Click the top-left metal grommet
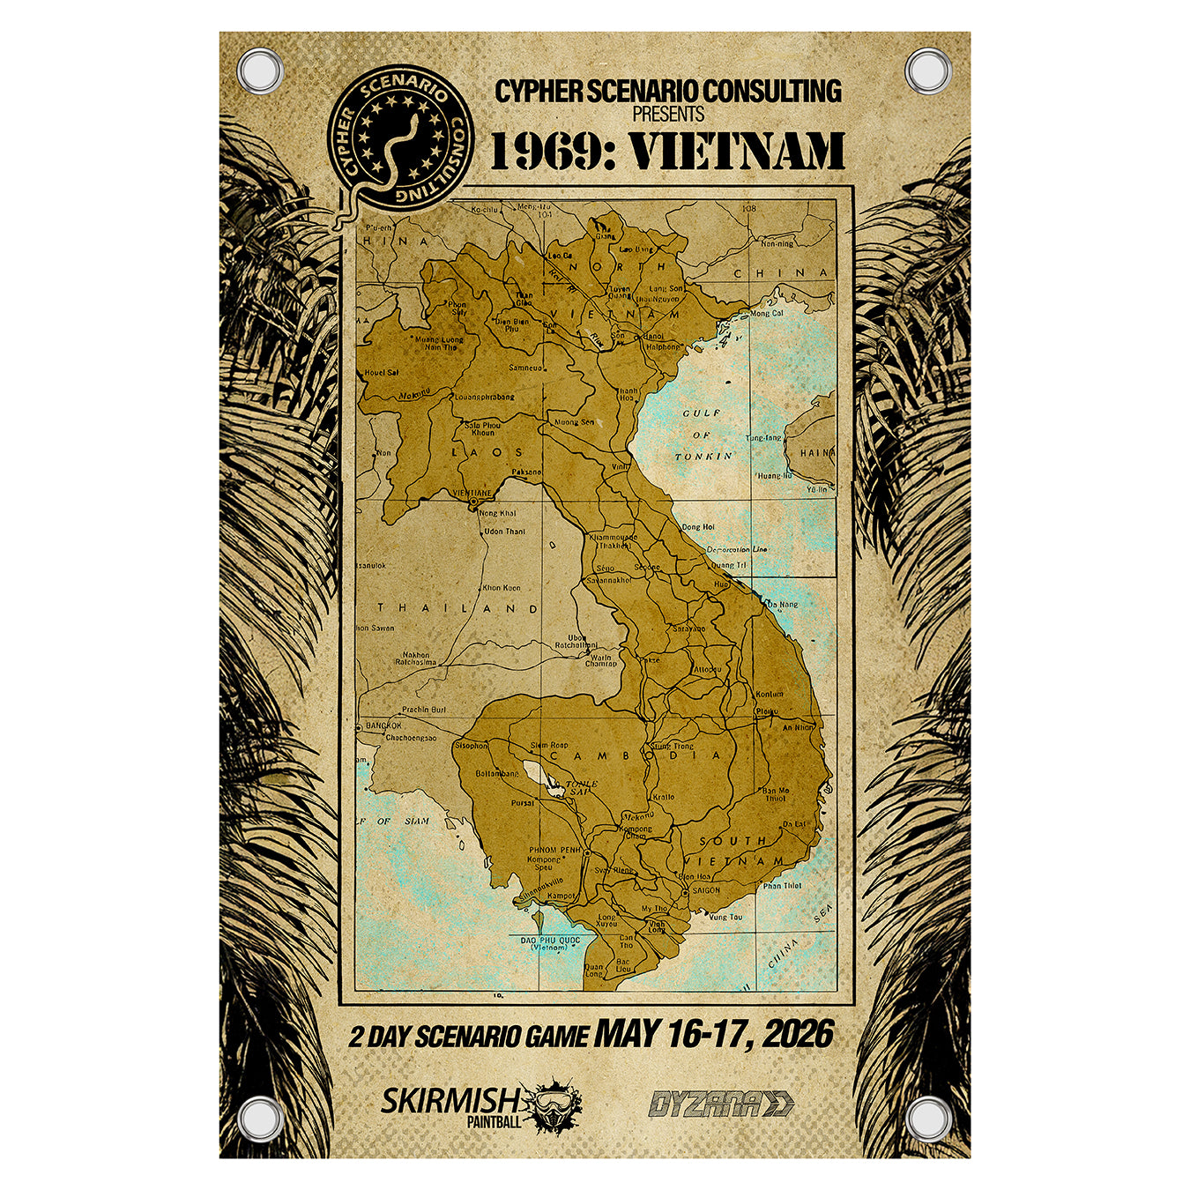pyautogui.click(x=261, y=71)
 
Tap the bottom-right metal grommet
pyautogui.click(x=928, y=1119)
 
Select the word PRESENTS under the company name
pyautogui.click(x=668, y=115)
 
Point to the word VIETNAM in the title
pyautogui.click(x=739, y=151)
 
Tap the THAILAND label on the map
pyautogui.click(x=458, y=608)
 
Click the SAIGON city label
pyautogui.click(x=705, y=890)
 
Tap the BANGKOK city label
pyautogui.click(x=383, y=725)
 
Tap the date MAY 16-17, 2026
pyautogui.click(x=713, y=1034)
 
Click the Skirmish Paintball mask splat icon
pyautogui.click(x=552, y=1103)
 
